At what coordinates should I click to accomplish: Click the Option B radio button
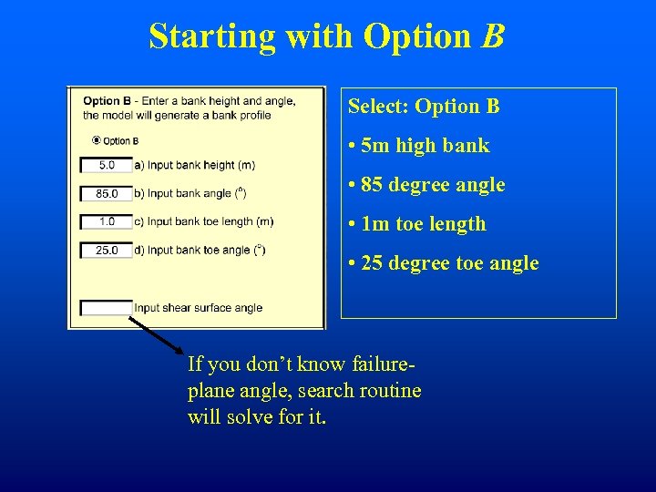coord(97,140)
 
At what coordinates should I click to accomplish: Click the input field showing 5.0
coord(107,165)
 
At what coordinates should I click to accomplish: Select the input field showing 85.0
coord(107,193)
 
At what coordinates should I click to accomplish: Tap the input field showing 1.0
coord(107,221)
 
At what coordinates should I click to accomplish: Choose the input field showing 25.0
coord(107,250)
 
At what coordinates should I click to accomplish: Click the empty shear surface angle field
coord(107,308)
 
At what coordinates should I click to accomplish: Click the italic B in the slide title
coord(493,36)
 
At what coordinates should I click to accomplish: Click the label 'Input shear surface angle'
coord(198,308)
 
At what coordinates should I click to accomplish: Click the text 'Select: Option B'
coord(424,107)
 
